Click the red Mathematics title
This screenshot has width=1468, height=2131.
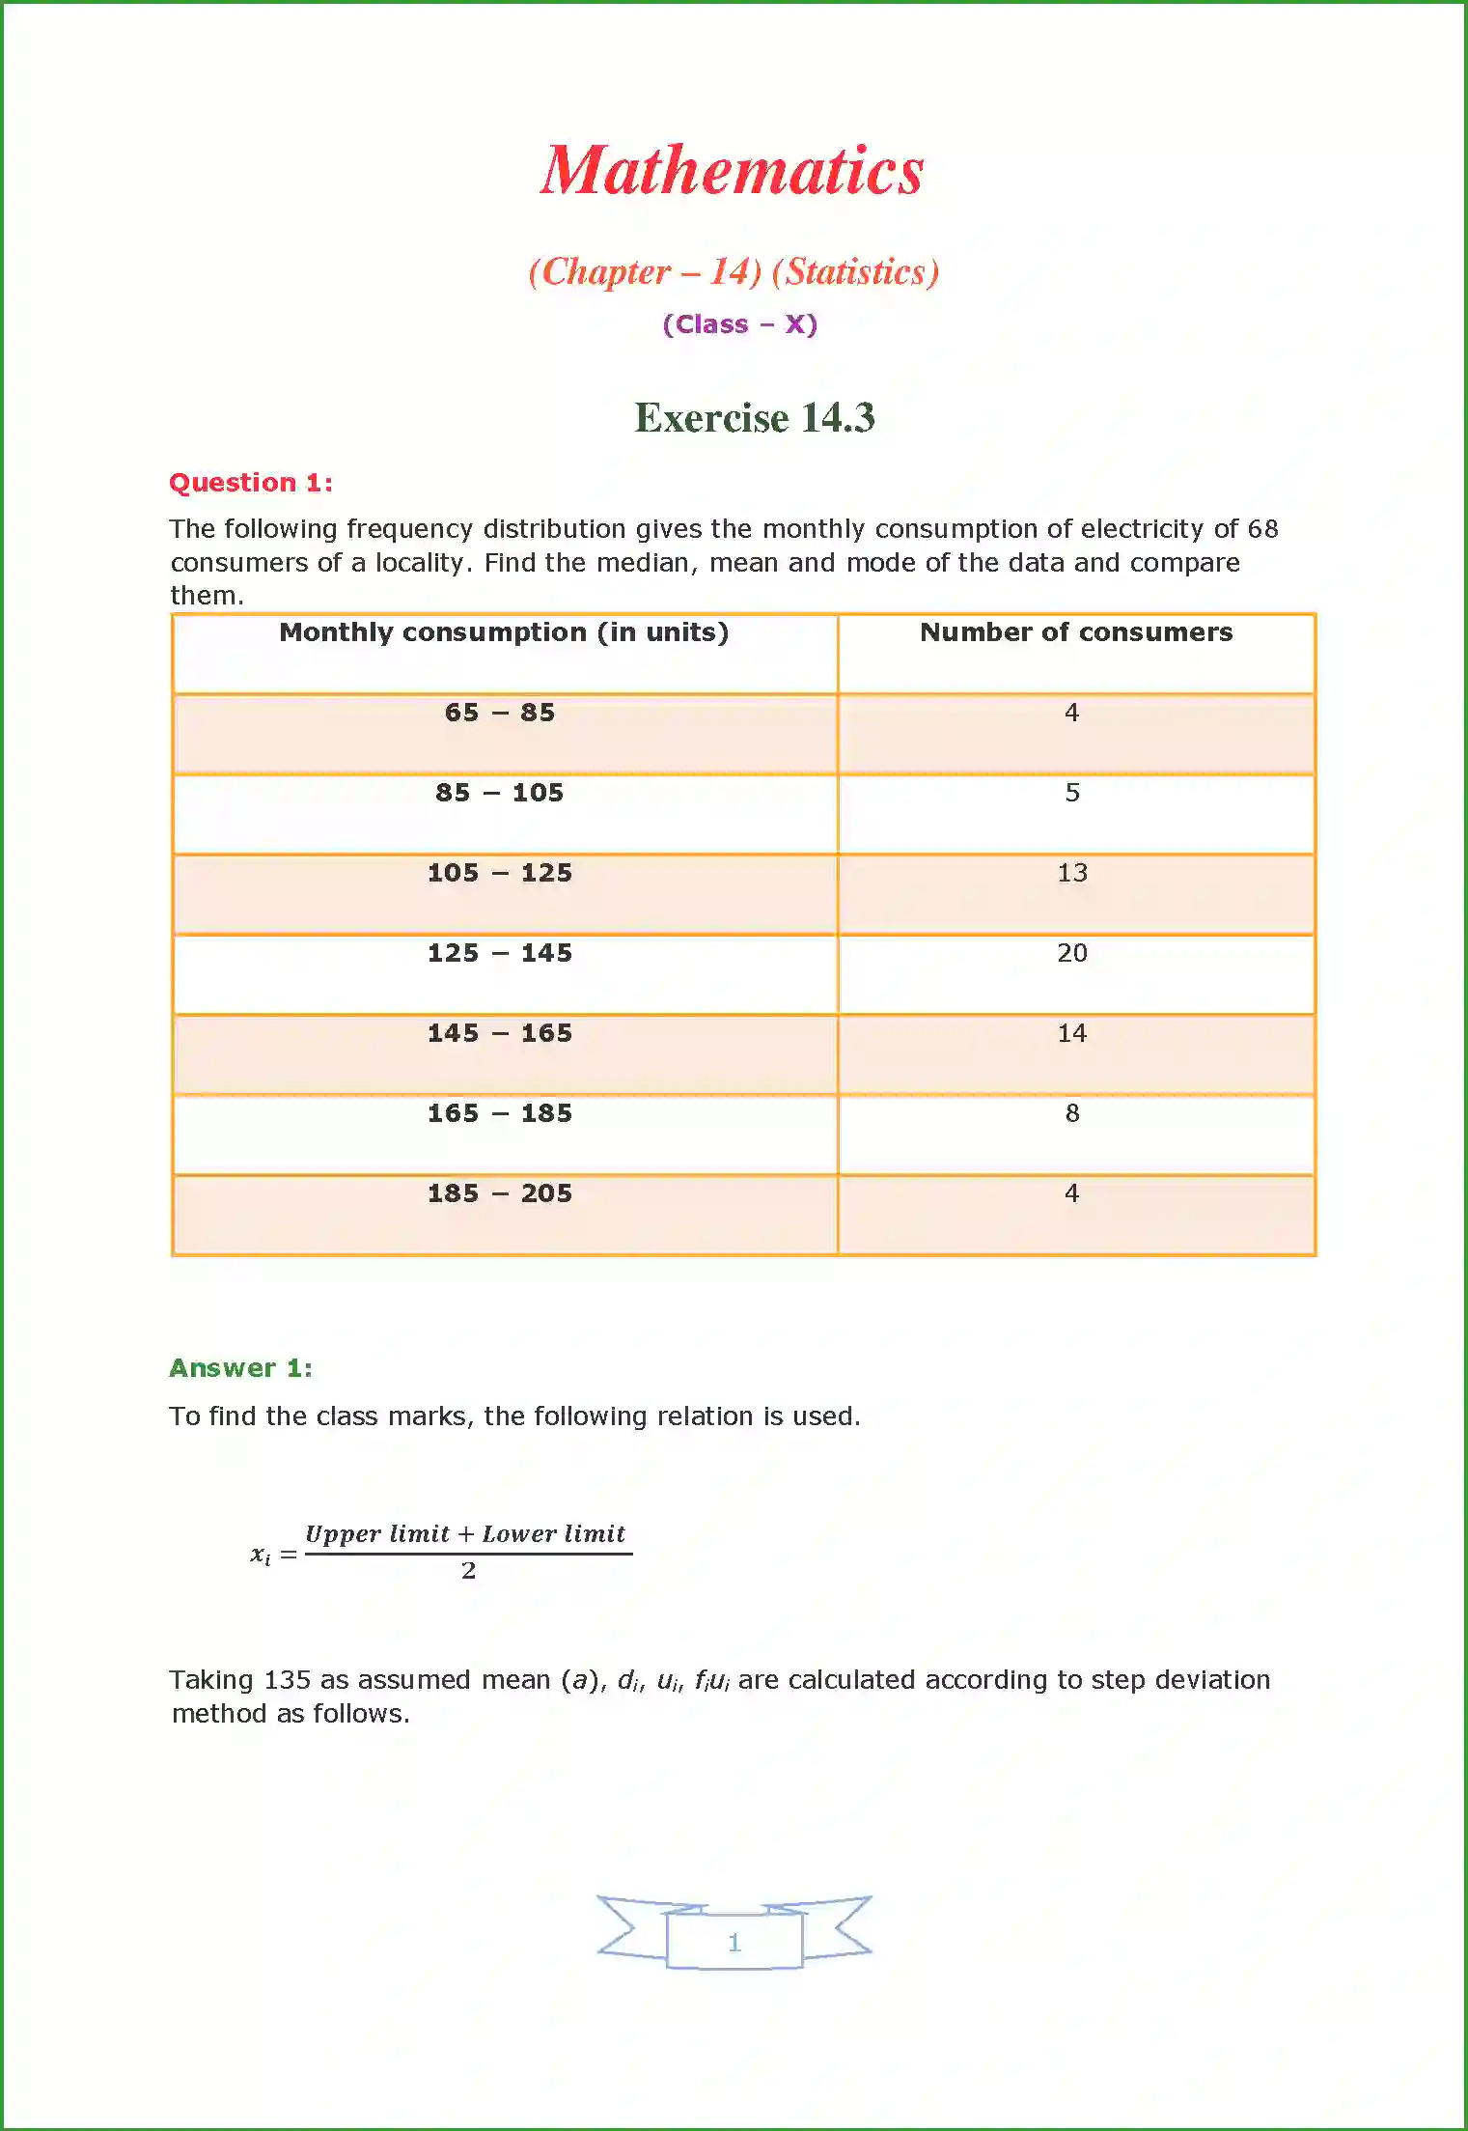click(x=733, y=171)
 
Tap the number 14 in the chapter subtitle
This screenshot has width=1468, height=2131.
click(x=730, y=272)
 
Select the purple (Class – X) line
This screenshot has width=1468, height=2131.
click(x=739, y=324)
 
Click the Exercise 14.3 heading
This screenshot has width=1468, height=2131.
click(x=754, y=418)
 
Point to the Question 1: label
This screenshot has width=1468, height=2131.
click(x=251, y=483)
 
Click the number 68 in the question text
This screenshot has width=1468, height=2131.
click(x=1262, y=529)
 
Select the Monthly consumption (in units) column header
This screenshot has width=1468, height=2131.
click(x=504, y=632)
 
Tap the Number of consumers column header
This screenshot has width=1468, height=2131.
click(x=1075, y=632)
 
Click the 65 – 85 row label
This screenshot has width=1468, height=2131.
click(x=500, y=713)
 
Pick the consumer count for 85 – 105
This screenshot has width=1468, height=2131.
click(x=1071, y=793)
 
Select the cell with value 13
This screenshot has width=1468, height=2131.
click(x=1071, y=873)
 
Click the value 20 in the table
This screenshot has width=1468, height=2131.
click(x=1071, y=953)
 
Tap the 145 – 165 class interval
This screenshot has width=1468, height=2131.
click(x=500, y=1033)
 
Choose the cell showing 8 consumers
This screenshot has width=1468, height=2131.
click(x=1071, y=1113)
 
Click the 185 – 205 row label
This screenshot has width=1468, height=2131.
click(x=500, y=1193)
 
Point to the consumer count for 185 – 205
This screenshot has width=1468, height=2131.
click(x=1071, y=1193)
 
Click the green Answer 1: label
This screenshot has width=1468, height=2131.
click(x=240, y=1368)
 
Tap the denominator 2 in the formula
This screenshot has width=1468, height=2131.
click(x=468, y=1571)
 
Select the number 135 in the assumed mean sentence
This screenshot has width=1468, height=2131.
click(x=288, y=1680)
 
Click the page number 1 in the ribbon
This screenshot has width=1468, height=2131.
click(x=734, y=1943)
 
